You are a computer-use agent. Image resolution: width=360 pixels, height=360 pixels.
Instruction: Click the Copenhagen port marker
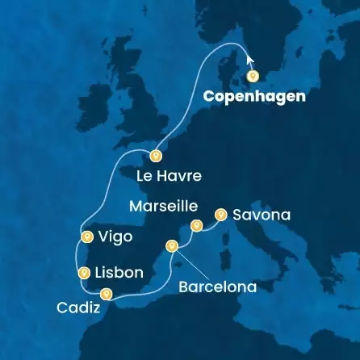tap(253, 77)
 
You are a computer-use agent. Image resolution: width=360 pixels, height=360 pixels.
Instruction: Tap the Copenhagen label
tap(255, 96)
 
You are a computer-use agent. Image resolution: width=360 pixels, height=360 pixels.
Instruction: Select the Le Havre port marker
tap(156, 156)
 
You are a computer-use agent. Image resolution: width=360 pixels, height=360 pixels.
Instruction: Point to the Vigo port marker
tap(86, 237)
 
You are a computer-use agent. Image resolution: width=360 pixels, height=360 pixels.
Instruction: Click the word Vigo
tap(116, 237)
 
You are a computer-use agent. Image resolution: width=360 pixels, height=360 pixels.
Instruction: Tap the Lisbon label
tap(119, 273)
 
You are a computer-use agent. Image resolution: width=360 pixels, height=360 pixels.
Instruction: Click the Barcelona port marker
tap(171, 245)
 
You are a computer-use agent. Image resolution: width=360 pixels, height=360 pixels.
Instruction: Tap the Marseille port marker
tap(195, 226)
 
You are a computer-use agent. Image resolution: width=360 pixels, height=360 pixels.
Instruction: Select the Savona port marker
tap(220, 214)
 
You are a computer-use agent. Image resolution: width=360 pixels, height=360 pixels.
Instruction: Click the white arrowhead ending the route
tap(249, 60)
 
